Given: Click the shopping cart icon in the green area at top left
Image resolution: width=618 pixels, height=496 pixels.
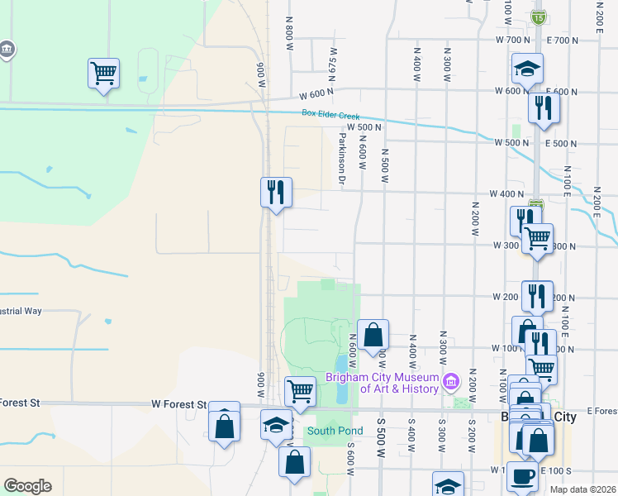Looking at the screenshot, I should [103, 73].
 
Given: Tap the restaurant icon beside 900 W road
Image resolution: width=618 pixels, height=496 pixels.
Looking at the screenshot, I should [275, 192].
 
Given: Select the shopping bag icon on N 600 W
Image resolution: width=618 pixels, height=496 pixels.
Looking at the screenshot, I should [373, 335].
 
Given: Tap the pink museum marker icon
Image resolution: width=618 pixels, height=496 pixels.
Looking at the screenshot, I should [450, 381].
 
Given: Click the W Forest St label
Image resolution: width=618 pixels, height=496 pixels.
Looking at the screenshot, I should [178, 404].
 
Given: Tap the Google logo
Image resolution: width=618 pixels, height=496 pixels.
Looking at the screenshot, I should [27, 486].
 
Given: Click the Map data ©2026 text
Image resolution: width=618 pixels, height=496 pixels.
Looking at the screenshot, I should [582, 489].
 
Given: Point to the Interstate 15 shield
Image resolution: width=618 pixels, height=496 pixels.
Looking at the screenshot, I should [539, 17].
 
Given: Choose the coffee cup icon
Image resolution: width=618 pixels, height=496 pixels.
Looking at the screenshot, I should [521, 476].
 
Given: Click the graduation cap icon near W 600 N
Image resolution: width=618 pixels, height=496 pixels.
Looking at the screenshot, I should [527, 69].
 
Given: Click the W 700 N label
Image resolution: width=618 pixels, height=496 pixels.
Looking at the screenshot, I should [512, 40].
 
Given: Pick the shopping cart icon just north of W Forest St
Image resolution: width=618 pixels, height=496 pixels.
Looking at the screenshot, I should [300, 390].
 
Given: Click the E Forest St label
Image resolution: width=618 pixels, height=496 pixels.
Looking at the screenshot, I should [602, 410].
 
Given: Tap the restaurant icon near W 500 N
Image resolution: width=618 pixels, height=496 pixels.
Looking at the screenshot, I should [543, 107].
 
